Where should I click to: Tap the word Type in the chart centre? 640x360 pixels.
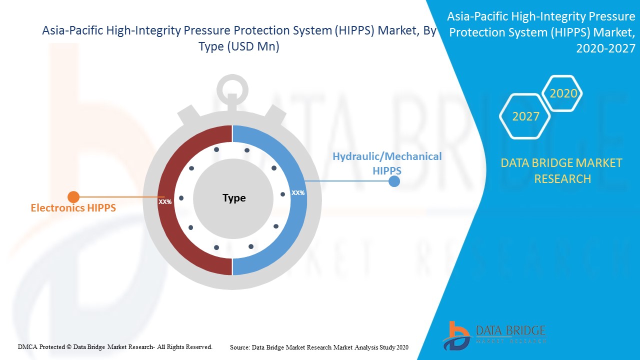[x=234, y=198]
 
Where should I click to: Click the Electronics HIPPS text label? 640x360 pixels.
[x=73, y=208]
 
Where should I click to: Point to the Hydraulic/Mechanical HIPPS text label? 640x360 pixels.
[x=387, y=163]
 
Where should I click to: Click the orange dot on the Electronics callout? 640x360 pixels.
[x=73, y=197]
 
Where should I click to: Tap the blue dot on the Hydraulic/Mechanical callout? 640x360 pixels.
[x=394, y=181]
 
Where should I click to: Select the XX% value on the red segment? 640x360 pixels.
[x=165, y=202]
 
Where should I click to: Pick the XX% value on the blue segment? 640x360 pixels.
[x=298, y=192]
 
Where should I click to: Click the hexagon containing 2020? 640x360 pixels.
[x=563, y=93]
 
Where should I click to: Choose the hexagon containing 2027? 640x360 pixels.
[x=525, y=116]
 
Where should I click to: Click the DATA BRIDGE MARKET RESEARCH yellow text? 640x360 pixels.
[x=562, y=170]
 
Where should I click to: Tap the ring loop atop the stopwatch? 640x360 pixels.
[x=232, y=89]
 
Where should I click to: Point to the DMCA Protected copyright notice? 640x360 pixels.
[x=115, y=346]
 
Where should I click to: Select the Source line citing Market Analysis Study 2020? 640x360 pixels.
[x=319, y=346]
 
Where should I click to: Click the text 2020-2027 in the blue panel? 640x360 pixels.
[x=605, y=48]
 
